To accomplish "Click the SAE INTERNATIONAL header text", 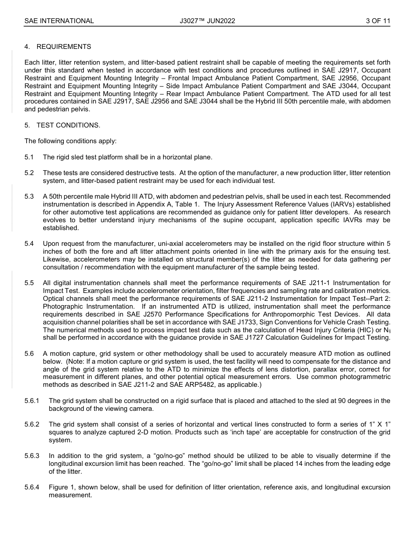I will point(59,21).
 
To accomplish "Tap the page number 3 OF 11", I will point(378,21).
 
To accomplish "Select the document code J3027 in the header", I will point(190,21).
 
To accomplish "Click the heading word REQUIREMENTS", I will point(64,47).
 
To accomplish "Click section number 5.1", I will point(29,157).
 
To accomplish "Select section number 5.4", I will point(29,243).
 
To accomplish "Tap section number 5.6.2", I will point(32,424).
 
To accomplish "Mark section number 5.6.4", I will point(32,487).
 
